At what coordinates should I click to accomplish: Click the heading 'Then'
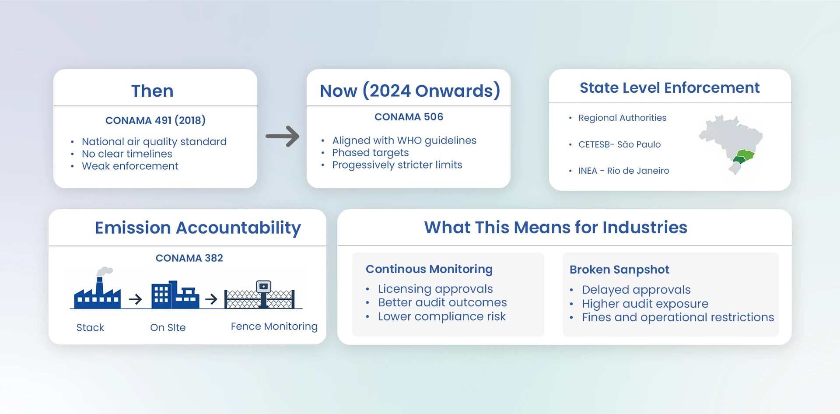[152, 91]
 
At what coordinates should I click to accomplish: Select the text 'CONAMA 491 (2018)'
[155, 120]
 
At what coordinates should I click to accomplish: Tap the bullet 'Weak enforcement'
[130, 166]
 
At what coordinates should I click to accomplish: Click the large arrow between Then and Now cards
[283, 136]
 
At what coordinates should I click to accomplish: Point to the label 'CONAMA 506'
[409, 117]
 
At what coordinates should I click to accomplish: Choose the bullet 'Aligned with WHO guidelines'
[404, 140]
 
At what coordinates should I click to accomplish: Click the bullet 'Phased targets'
[370, 153]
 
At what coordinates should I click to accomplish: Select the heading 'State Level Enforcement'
[669, 88]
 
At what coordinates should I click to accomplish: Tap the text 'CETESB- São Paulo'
[619, 144]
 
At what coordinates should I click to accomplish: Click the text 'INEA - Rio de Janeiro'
[623, 171]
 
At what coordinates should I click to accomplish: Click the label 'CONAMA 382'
[189, 258]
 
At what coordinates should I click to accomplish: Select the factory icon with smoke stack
[98, 291]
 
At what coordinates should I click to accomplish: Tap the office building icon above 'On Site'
[175, 295]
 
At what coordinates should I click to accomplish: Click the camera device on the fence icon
[263, 287]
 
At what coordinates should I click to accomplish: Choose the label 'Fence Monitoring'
[274, 326]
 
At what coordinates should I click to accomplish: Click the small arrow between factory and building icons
[136, 299]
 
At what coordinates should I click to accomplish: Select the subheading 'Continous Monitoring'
[429, 269]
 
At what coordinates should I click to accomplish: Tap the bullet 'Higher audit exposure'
[645, 304]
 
